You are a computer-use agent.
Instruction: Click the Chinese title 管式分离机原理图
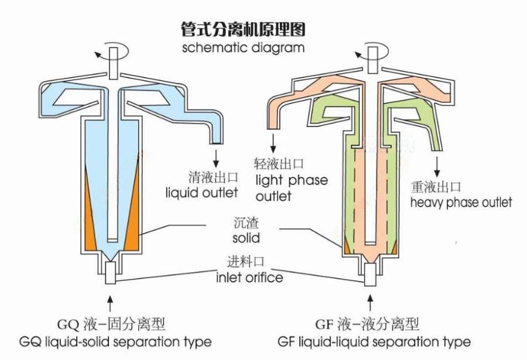tap(243, 29)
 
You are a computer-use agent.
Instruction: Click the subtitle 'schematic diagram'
tap(243, 47)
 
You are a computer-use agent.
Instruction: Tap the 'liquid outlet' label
tap(202, 193)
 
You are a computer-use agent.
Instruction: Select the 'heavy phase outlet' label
tap(461, 203)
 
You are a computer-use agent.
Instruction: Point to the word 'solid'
tap(247, 238)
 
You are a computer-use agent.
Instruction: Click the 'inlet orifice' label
tap(249, 277)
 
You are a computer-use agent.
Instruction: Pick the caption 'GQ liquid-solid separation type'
tap(115, 342)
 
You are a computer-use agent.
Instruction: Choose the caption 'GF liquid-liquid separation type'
tap(374, 342)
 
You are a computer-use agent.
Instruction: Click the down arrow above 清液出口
tap(215, 158)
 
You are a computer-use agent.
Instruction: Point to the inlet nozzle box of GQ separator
tap(110, 272)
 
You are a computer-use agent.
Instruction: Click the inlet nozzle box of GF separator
tap(371, 275)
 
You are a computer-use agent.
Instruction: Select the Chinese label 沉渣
tap(247, 223)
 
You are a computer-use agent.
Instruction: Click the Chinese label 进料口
tap(246, 262)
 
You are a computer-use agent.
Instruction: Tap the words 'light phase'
tap(292, 180)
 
